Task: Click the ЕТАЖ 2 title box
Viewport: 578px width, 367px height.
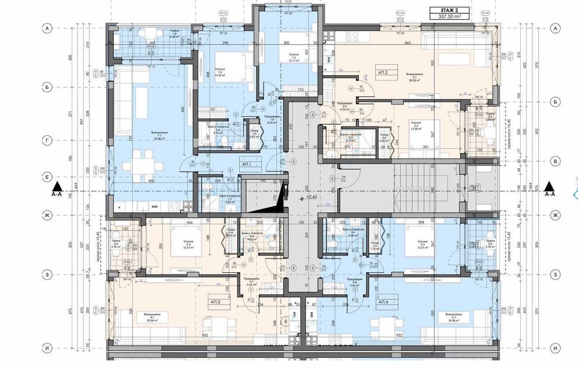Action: click(x=448, y=10)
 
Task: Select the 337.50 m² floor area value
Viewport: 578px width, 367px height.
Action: click(x=448, y=18)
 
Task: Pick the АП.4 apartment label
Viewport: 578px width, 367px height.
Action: click(x=383, y=302)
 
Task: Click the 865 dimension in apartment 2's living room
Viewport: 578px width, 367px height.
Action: click(x=408, y=43)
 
